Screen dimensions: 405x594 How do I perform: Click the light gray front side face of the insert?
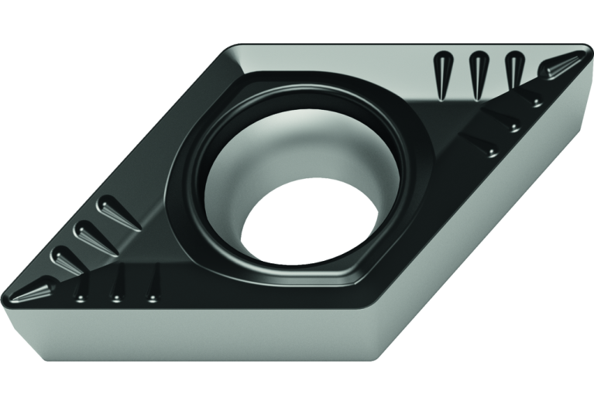[194, 341]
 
